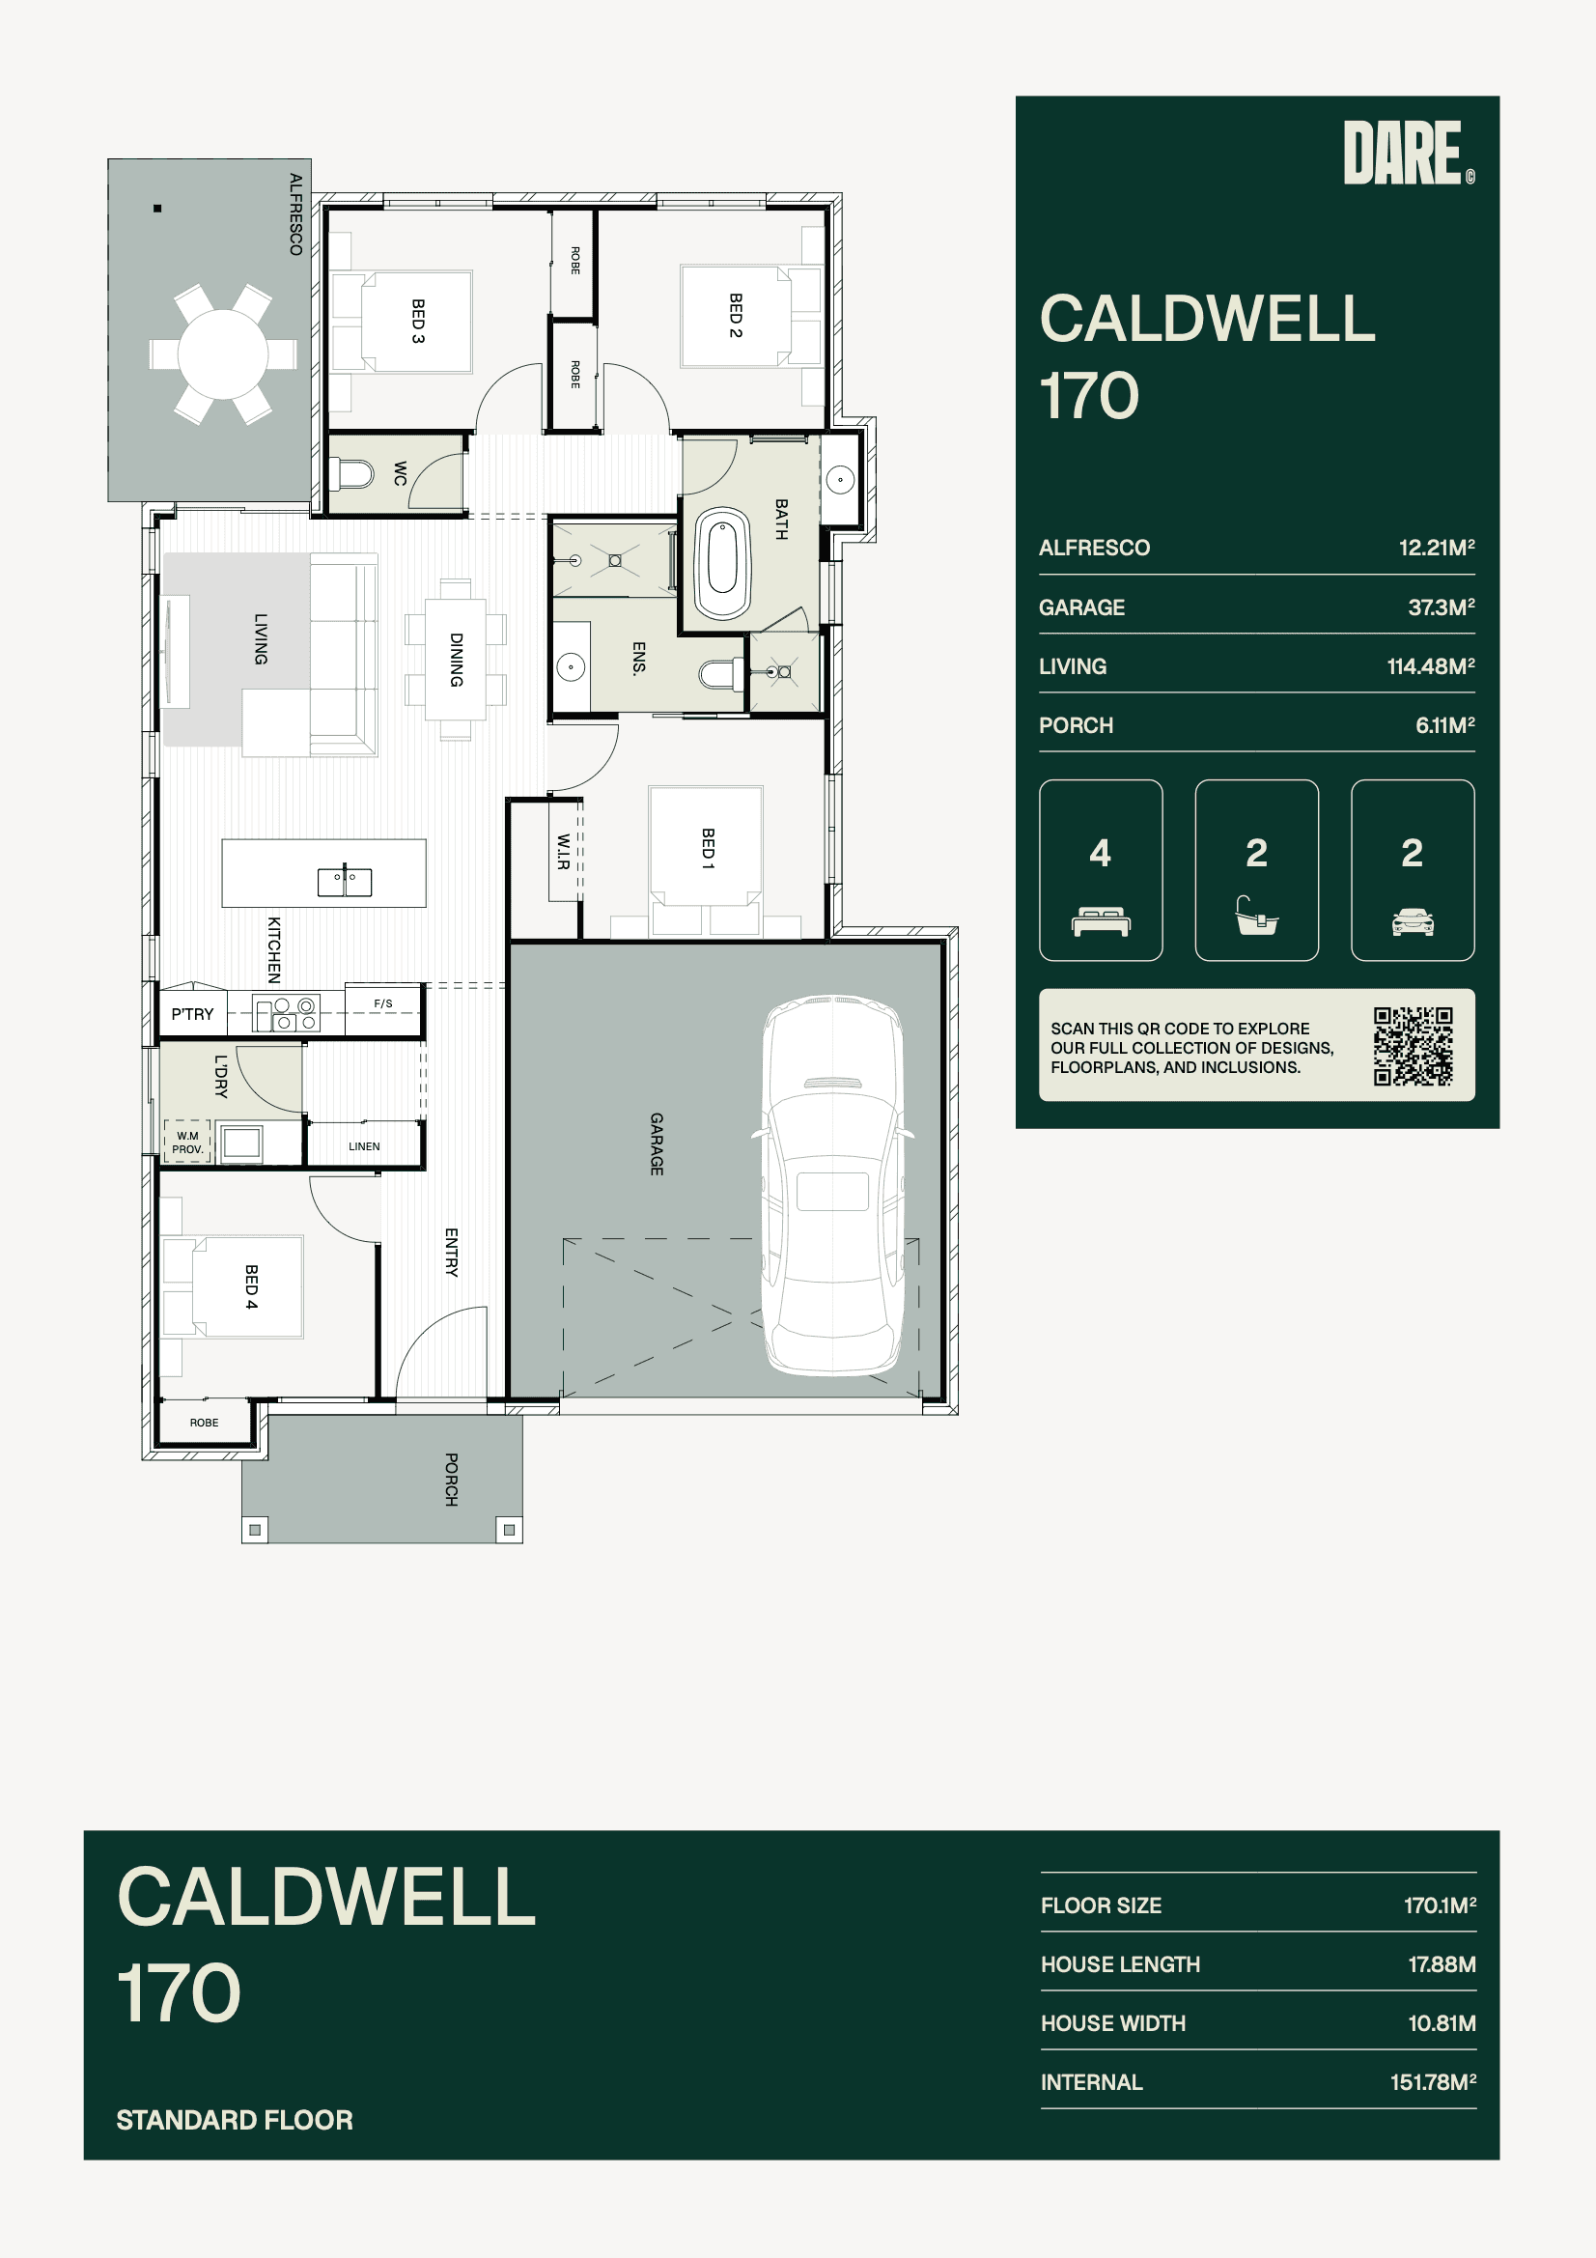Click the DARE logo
[x=1408, y=153]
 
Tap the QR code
[x=1414, y=1045]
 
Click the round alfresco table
[x=223, y=354]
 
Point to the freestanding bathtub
[x=723, y=563]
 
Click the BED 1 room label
[x=708, y=848]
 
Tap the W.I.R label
[x=564, y=852]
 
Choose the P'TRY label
[x=192, y=1014]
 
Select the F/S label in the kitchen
[x=383, y=1003]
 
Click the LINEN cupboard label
[x=364, y=1146]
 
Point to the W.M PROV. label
[x=188, y=1142]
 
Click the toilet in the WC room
[x=351, y=475]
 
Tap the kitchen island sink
[x=344, y=882]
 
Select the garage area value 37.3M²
[x=1441, y=607]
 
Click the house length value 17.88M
[x=1442, y=1965]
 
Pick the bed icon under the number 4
[x=1101, y=922]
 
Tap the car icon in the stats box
[x=1413, y=922]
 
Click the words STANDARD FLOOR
[x=234, y=2120]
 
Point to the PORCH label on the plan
[x=451, y=1480]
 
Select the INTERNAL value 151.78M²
[x=1433, y=2083]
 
